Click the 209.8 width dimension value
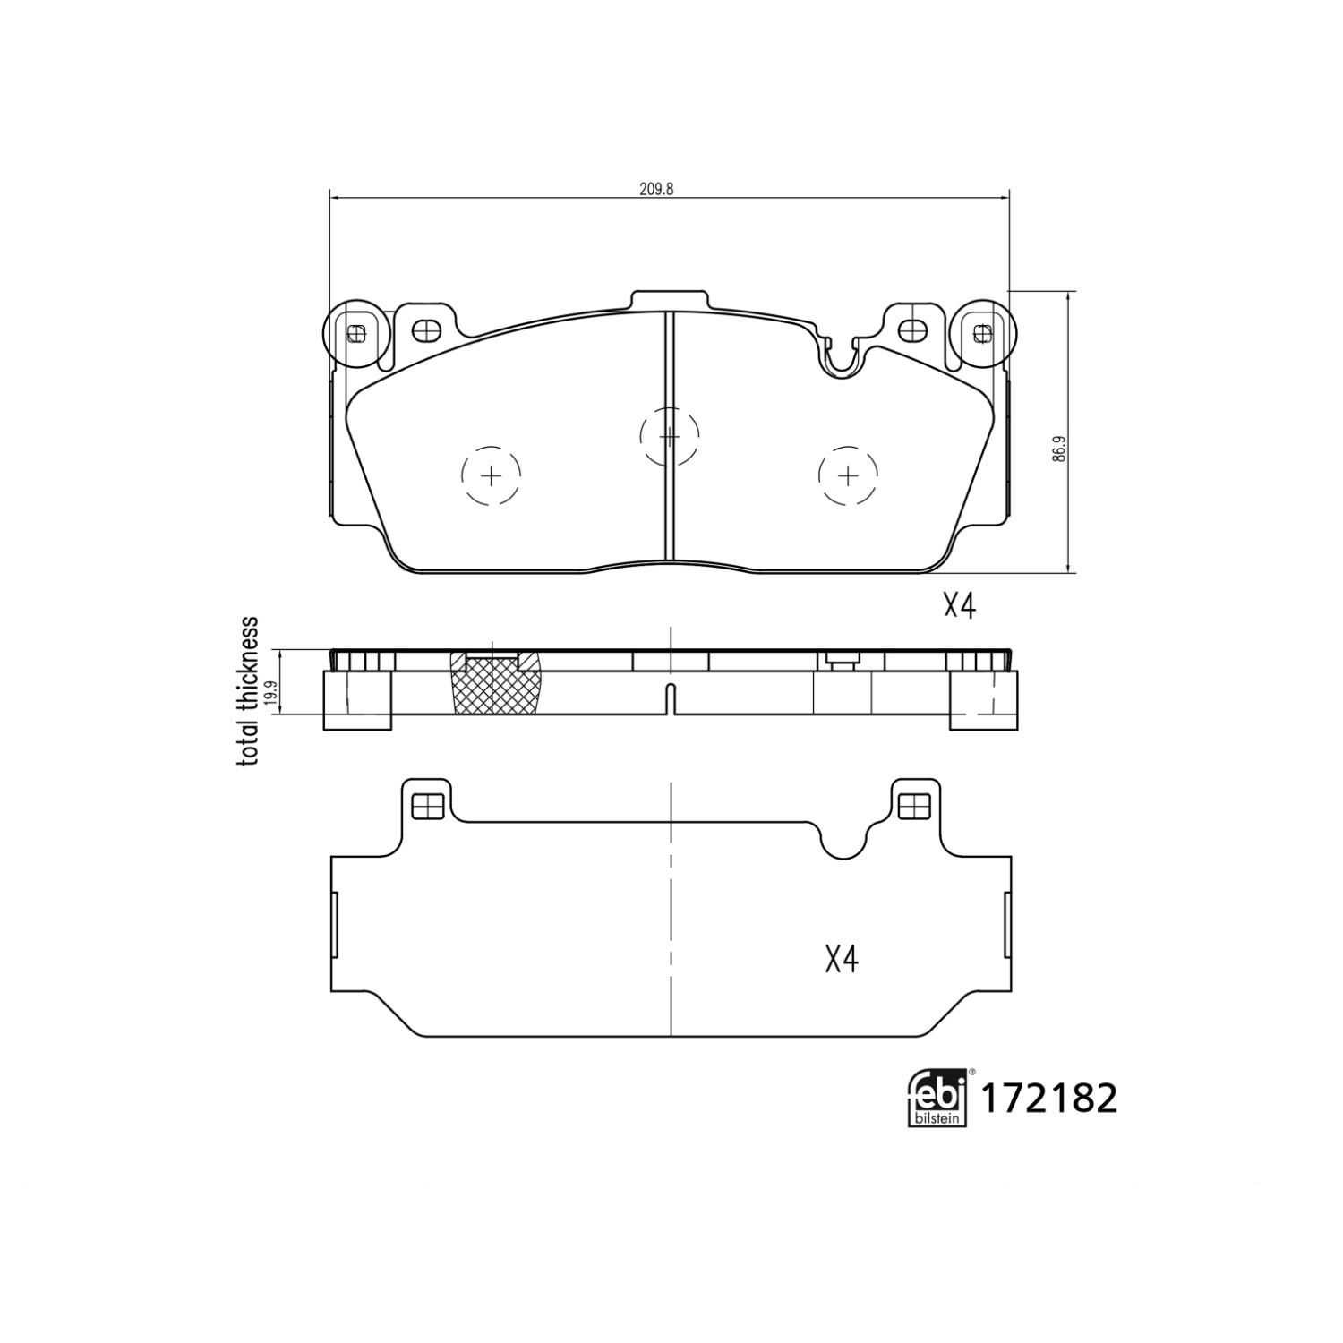click(x=655, y=189)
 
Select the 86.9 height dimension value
click(x=1059, y=448)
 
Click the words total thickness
click(x=247, y=690)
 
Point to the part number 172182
click(x=1050, y=1098)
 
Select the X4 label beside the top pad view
click(x=959, y=606)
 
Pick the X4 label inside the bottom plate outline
click(x=841, y=960)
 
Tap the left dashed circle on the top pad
click(x=491, y=475)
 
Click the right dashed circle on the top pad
click(x=848, y=475)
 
